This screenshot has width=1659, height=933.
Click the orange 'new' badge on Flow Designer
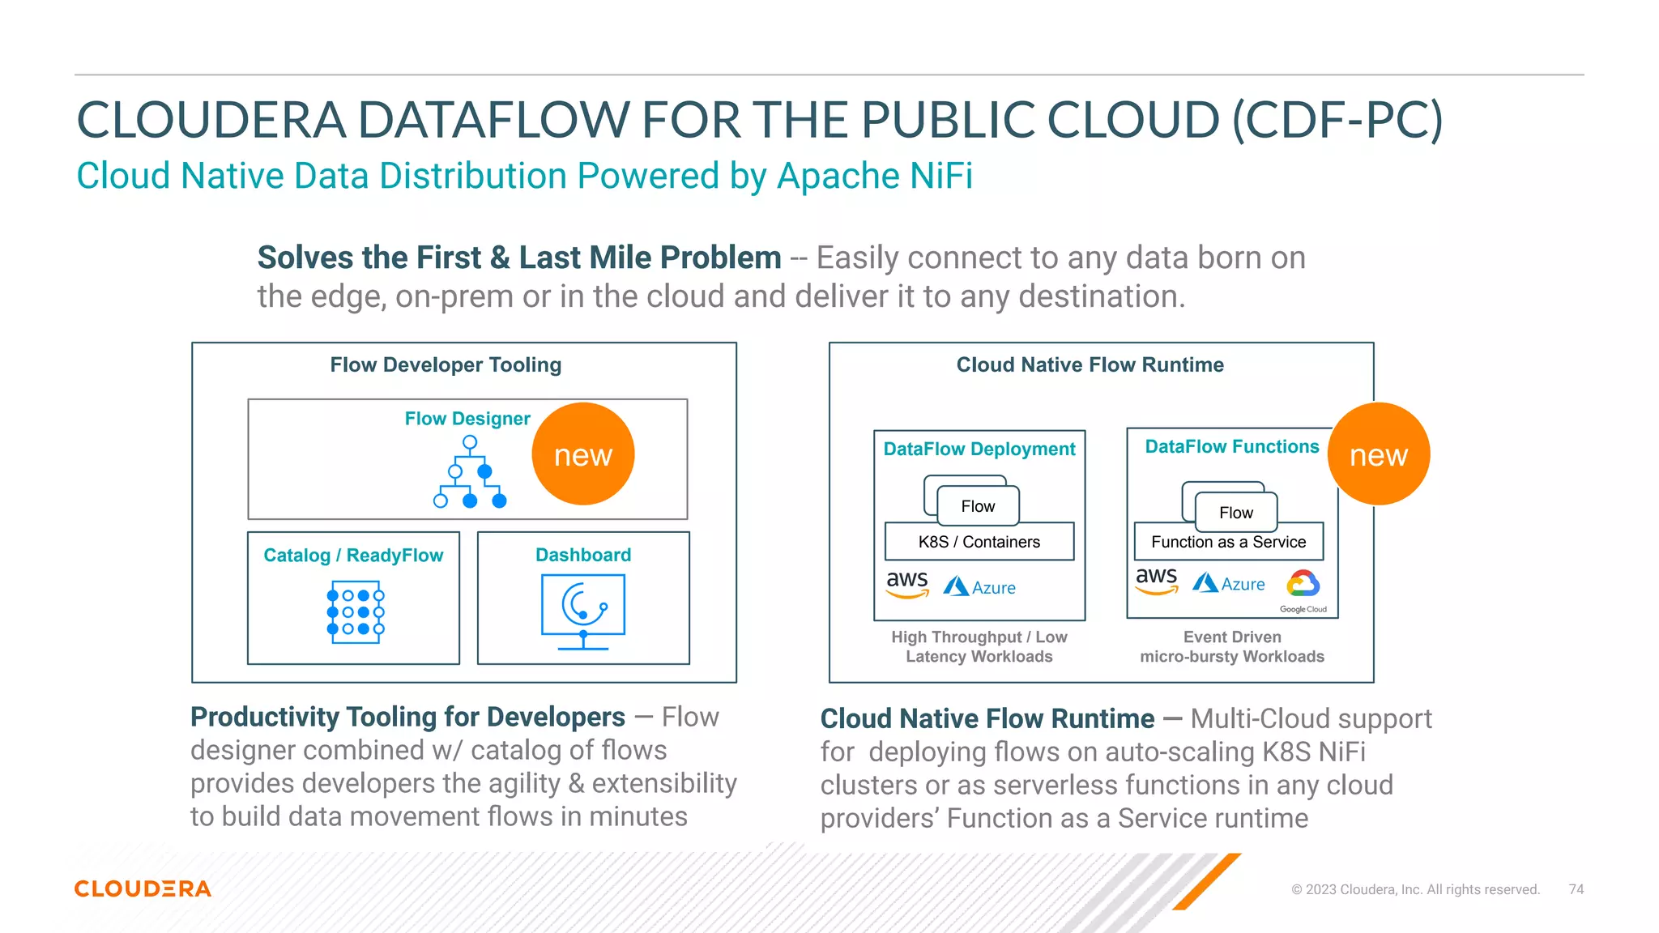point(582,454)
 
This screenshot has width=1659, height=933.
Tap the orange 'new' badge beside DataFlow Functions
point(1378,454)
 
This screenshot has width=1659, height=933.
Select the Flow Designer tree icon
point(470,472)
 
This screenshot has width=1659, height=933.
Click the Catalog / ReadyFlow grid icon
point(355,612)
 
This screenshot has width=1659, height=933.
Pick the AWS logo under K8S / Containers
point(907,584)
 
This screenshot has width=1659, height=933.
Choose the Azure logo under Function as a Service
point(1228,583)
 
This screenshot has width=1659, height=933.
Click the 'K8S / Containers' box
point(979,542)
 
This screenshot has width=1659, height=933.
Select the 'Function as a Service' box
point(1228,542)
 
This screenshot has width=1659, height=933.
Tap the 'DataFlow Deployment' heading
point(979,449)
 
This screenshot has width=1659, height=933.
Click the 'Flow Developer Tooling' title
point(446,364)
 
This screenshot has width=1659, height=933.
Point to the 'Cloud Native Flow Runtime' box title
point(1090,364)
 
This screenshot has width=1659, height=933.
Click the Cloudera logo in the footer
point(143,888)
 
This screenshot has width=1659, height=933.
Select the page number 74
point(1576,889)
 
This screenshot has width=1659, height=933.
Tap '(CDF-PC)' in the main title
point(1337,120)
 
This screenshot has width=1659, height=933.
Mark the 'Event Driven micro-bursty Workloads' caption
point(1231,646)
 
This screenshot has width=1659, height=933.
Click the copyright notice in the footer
point(1415,889)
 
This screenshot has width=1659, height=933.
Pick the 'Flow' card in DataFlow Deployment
point(978,506)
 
